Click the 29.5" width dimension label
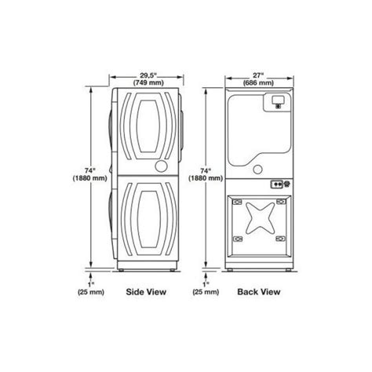pos(148,75)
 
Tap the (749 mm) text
pos(148,82)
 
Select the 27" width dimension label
pos(258,75)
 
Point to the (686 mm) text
pos(258,82)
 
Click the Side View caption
pos(146,292)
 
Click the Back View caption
pos(259,292)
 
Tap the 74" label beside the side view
pos(90,170)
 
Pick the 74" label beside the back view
pos(206,170)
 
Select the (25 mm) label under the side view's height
pos(91,292)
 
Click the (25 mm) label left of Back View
pos(206,292)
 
